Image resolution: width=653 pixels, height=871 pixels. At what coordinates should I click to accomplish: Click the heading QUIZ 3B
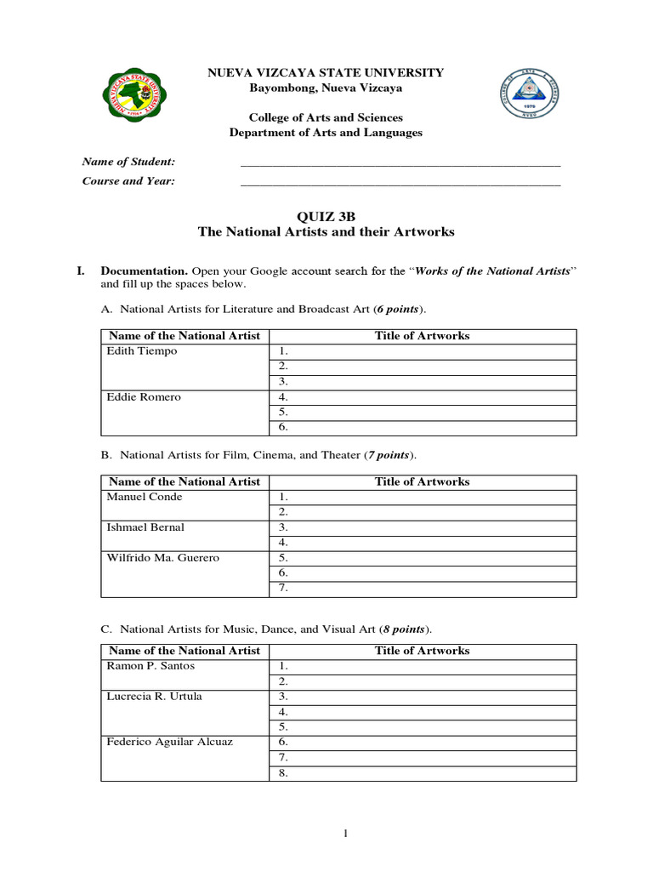pos(326,216)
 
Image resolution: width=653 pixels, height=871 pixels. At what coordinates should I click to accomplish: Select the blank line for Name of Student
pos(400,162)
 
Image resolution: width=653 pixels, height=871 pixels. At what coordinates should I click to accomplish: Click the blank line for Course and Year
pos(400,181)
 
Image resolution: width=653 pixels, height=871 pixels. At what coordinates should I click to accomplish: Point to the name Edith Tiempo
pos(142,351)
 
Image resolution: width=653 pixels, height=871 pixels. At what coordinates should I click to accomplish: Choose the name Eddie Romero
pos(144,397)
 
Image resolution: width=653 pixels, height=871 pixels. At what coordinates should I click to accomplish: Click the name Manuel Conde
pos(145,497)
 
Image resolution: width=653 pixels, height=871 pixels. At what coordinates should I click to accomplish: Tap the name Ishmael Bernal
pos(145,527)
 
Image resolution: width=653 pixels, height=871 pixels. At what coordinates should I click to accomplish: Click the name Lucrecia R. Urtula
pos(154,697)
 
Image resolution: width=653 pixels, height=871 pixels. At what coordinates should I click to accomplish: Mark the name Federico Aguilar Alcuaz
pos(169,742)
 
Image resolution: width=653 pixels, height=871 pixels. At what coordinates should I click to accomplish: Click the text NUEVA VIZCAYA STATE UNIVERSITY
pos(326,73)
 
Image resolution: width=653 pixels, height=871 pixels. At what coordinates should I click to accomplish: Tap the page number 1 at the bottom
pos(346,834)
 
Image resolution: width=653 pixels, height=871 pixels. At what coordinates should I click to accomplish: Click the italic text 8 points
pos(406,630)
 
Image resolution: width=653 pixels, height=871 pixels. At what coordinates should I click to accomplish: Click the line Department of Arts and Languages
pos(326,133)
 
